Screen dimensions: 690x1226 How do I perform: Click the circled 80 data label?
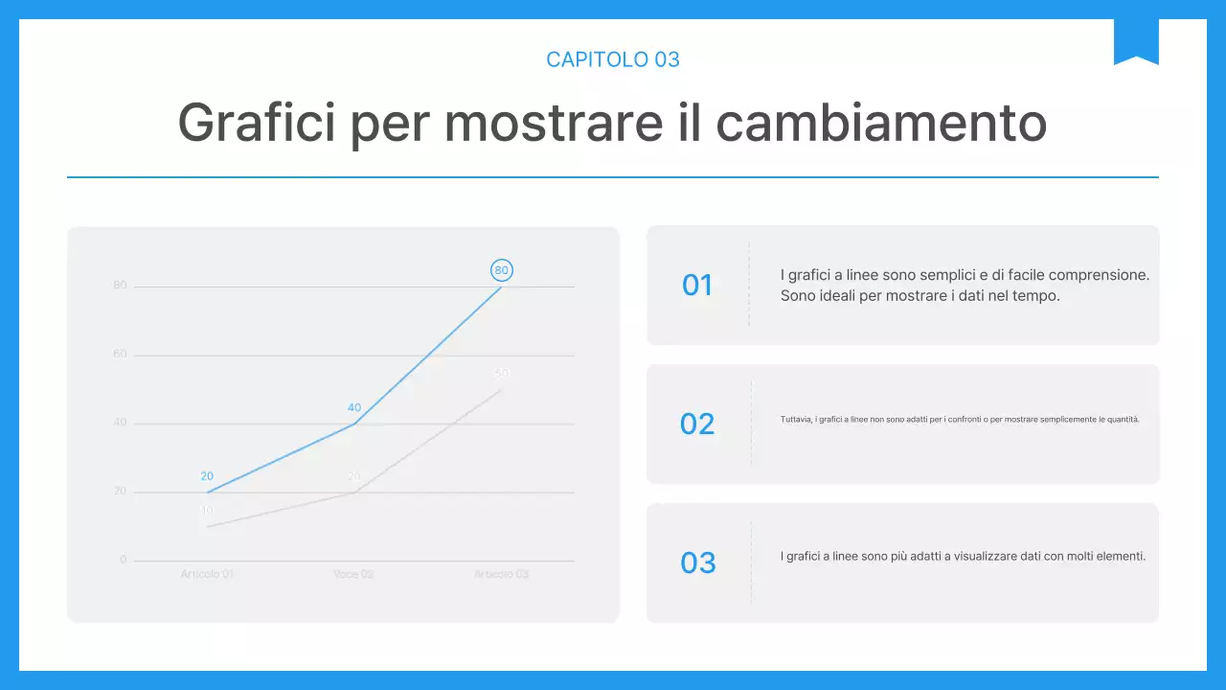[501, 270]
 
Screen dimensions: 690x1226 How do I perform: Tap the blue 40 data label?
[354, 407]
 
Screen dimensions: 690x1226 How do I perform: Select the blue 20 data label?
[207, 476]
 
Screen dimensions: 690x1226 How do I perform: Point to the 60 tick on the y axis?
[120, 354]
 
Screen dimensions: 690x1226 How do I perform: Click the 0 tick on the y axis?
[123, 560]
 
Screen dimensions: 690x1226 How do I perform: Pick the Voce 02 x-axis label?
[353, 574]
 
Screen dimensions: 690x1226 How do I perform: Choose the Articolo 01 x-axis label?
[207, 574]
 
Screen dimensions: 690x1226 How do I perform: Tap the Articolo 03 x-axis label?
[501, 574]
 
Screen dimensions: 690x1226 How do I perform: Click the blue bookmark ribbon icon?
[1136, 41]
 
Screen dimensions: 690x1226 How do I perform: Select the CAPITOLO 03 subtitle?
[613, 59]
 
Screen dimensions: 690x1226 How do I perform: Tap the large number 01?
[697, 285]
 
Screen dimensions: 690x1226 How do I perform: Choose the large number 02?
[697, 424]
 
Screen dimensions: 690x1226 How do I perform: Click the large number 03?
[697, 563]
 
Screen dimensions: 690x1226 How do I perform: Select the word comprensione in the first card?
[1102, 275]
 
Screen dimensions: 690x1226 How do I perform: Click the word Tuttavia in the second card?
[796, 420]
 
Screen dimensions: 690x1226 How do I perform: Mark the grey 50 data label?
[502, 373]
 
